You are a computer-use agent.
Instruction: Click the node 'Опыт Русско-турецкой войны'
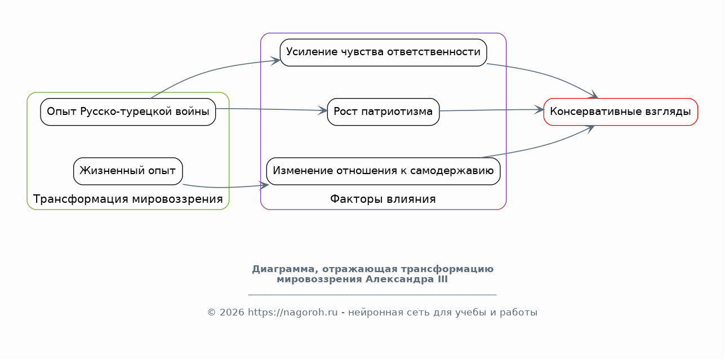(128, 112)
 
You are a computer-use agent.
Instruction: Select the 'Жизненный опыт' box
(128, 171)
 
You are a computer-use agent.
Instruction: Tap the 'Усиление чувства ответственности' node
(383, 52)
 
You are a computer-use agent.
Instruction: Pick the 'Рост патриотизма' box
(383, 112)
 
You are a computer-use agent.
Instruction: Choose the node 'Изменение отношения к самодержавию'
(383, 171)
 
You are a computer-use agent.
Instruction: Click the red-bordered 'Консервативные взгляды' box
(620, 112)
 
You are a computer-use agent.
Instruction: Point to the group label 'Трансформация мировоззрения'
(128, 199)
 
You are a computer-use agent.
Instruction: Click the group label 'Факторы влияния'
(383, 199)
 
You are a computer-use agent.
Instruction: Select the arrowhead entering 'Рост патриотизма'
(323, 110)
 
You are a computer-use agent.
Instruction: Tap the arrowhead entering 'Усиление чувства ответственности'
(276, 60)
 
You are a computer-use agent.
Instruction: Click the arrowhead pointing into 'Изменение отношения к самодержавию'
(264, 185)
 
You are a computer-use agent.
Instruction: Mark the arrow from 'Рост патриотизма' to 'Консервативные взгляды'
(491, 110)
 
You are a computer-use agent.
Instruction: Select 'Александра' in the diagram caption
(401, 279)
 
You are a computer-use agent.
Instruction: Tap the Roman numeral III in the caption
(443, 279)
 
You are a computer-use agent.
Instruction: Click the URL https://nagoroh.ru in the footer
(292, 313)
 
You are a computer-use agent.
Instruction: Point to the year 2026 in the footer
(232, 313)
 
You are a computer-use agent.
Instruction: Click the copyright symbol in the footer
(211, 313)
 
